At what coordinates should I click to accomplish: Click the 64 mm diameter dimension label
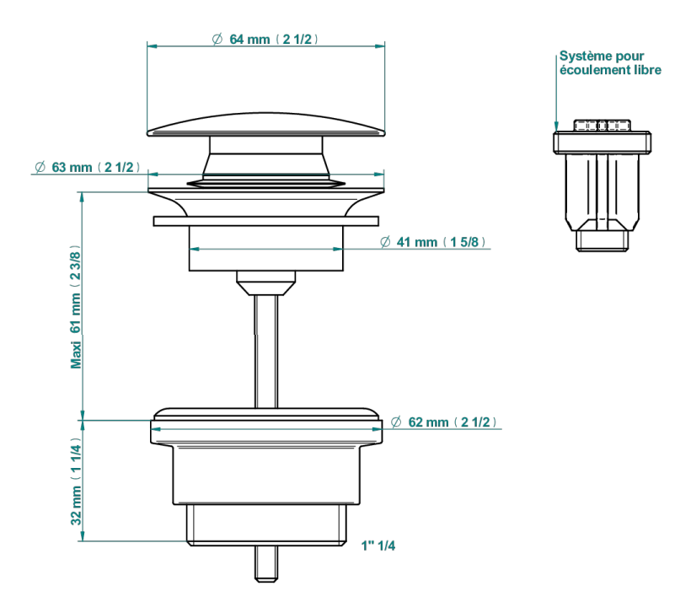click(265, 40)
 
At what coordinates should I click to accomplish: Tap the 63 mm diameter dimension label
click(88, 167)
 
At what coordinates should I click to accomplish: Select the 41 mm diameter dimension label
click(433, 242)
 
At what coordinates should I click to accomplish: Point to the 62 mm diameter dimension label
click(444, 422)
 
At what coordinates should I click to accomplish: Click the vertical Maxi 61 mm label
click(76, 307)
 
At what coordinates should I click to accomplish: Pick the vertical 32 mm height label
click(76, 481)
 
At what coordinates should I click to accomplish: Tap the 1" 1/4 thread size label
click(378, 546)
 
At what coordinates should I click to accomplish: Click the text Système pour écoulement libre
click(610, 62)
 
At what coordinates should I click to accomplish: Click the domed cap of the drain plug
click(265, 125)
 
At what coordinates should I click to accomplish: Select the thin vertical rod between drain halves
click(266, 351)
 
